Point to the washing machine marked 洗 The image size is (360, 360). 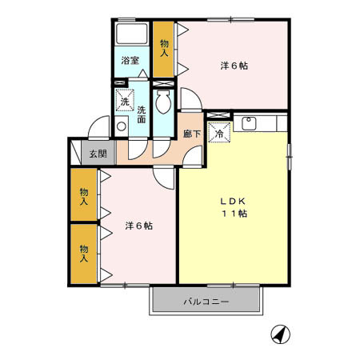(x=125, y=101)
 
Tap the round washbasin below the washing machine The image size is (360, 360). (x=121, y=126)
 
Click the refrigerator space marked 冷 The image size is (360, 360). (x=218, y=133)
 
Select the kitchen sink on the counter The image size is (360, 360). (x=249, y=123)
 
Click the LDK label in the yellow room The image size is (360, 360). (x=233, y=201)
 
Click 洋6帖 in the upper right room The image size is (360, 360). (x=234, y=66)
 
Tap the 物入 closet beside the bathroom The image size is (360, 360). (x=163, y=48)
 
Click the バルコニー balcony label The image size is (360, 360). (x=206, y=302)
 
